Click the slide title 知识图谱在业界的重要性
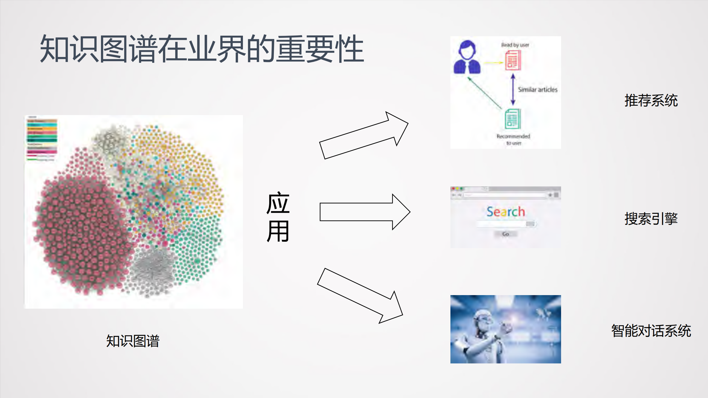point(202,49)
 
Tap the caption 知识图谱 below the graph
point(133,341)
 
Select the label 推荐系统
point(651,100)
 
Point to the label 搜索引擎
point(651,219)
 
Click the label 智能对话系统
point(651,331)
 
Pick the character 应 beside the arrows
point(278,203)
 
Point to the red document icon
point(513,61)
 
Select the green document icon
point(513,119)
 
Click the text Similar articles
point(537,90)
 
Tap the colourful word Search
point(505,212)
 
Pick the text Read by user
point(515,45)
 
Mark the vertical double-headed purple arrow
point(513,90)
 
